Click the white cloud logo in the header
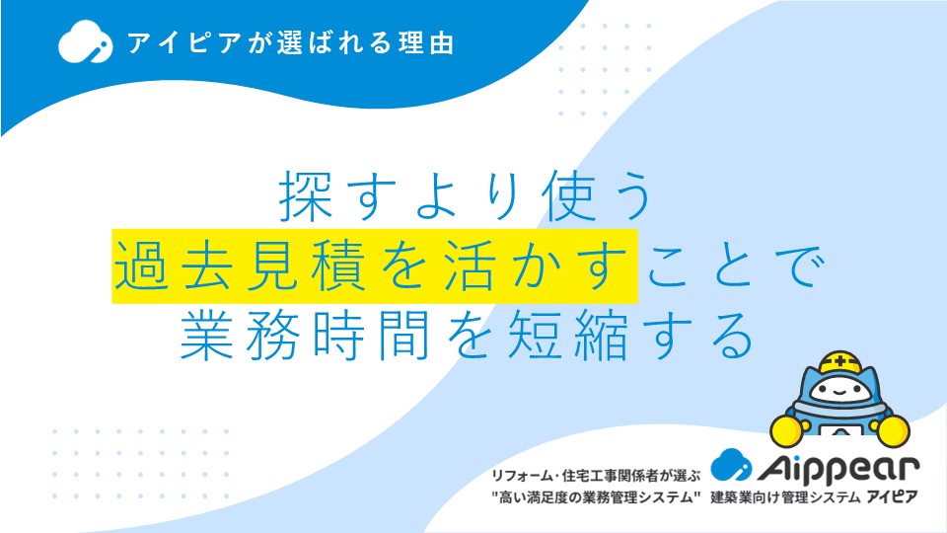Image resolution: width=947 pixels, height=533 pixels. (x=85, y=41)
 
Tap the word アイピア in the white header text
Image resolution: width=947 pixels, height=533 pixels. (x=184, y=43)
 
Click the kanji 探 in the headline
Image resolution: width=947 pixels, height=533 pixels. (x=306, y=195)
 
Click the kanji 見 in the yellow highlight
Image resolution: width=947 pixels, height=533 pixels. (x=273, y=266)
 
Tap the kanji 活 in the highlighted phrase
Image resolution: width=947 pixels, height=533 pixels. (x=470, y=266)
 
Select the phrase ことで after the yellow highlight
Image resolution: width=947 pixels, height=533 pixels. (x=735, y=266)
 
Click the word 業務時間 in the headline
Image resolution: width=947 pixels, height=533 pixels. (x=305, y=335)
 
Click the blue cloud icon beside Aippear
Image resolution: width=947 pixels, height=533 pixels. (x=731, y=464)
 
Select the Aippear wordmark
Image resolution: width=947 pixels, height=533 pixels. (x=838, y=468)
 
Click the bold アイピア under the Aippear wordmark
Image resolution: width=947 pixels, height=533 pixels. (x=892, y=497)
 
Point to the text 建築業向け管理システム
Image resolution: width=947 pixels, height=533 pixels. (x=785, y=497)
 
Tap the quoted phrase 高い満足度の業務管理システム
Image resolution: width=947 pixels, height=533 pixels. (x=596, y=497)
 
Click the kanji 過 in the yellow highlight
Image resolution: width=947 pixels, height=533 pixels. (x=141, y=266)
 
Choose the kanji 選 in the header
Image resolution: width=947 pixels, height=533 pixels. (x=290, y=42)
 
